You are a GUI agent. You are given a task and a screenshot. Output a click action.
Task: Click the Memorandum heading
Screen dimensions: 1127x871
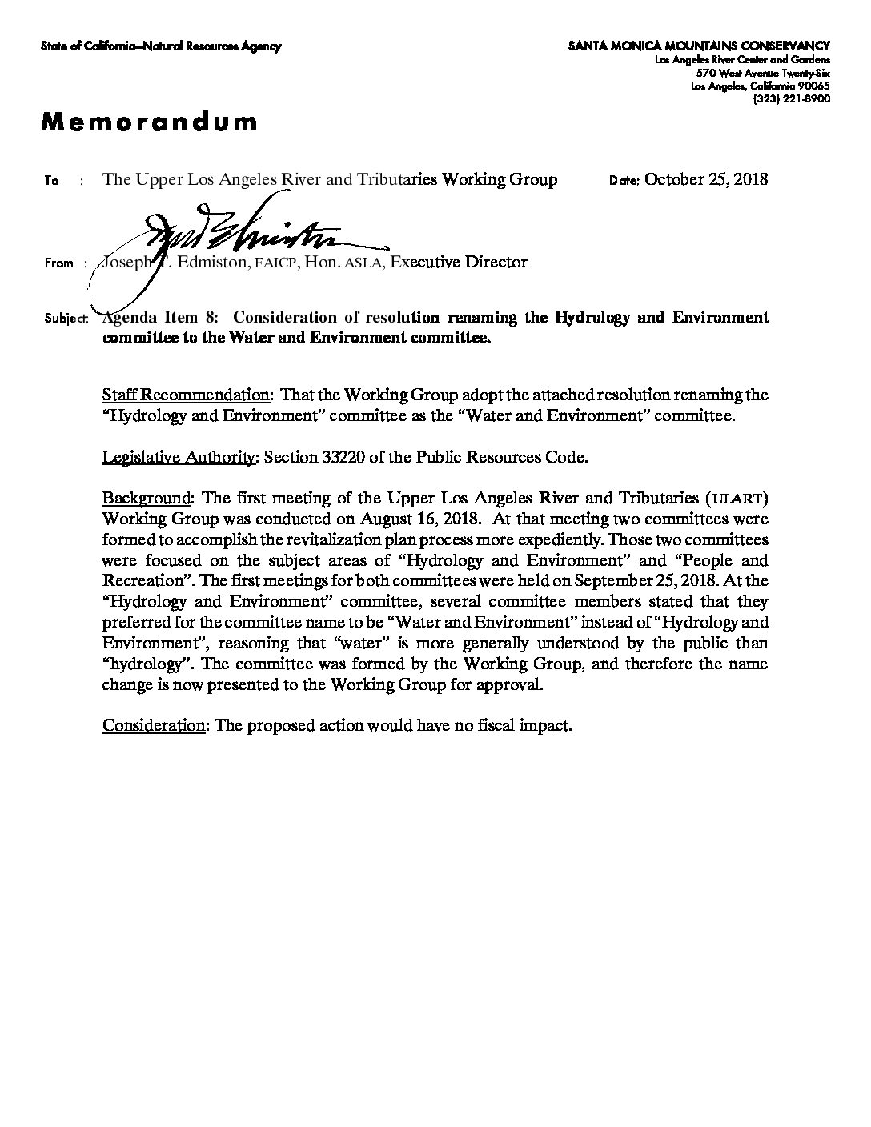click(150, 122)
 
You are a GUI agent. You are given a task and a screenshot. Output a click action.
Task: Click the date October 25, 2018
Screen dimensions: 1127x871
click(705, 179)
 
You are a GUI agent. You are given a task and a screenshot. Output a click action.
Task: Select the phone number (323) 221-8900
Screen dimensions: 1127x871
click(791, 98)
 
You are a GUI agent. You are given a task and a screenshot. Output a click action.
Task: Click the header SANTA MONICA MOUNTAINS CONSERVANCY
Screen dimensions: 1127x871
click(699, 47)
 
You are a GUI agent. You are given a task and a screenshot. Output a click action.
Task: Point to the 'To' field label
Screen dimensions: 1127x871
click(51, 181)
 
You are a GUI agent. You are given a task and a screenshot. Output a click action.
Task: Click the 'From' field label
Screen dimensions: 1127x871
click(59, 263)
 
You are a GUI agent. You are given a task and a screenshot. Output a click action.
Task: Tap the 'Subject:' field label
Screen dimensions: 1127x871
click(65, 319)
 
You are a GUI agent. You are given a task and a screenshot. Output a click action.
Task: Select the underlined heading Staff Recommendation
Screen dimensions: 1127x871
click(186, 395)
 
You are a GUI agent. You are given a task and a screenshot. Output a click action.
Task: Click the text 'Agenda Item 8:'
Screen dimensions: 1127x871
click(159, 318)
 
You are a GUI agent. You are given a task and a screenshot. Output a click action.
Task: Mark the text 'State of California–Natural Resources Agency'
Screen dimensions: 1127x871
click(161, 47)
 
